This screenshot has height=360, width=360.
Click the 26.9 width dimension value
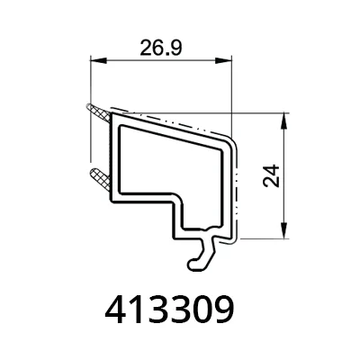[161, 48]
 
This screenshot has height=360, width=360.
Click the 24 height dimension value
[271, 175]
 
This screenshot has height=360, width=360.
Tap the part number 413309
[169, 310]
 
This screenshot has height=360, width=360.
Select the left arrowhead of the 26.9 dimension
[98, 60]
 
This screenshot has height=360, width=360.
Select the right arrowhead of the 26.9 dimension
[224, 60]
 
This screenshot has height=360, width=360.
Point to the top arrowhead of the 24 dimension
[284, 121]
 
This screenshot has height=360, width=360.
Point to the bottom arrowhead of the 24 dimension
[284, 230]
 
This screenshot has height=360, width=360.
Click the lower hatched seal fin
[100, 179]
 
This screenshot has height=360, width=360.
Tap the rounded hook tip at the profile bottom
[193, 264]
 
